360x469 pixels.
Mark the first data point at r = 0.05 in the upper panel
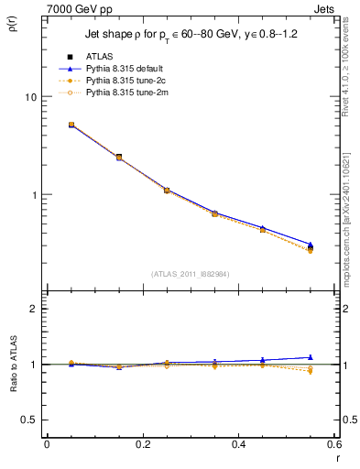71,125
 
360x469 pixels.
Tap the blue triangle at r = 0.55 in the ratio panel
310,357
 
